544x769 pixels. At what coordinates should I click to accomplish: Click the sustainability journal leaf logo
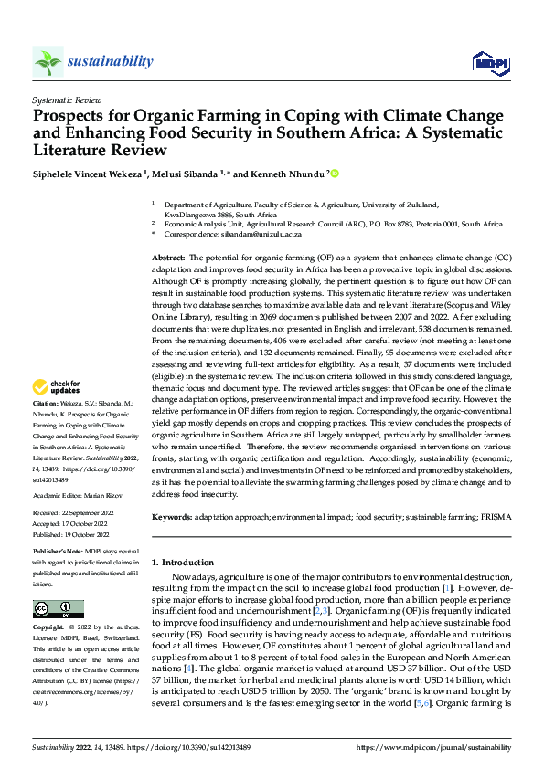point(48,62)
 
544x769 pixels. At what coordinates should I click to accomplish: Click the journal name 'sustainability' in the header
point(110,61)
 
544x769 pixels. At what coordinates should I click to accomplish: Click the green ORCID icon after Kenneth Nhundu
point(335,173)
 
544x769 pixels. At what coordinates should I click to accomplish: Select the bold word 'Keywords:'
point(171,516)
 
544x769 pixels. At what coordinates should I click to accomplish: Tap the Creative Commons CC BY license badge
point(58,609)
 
